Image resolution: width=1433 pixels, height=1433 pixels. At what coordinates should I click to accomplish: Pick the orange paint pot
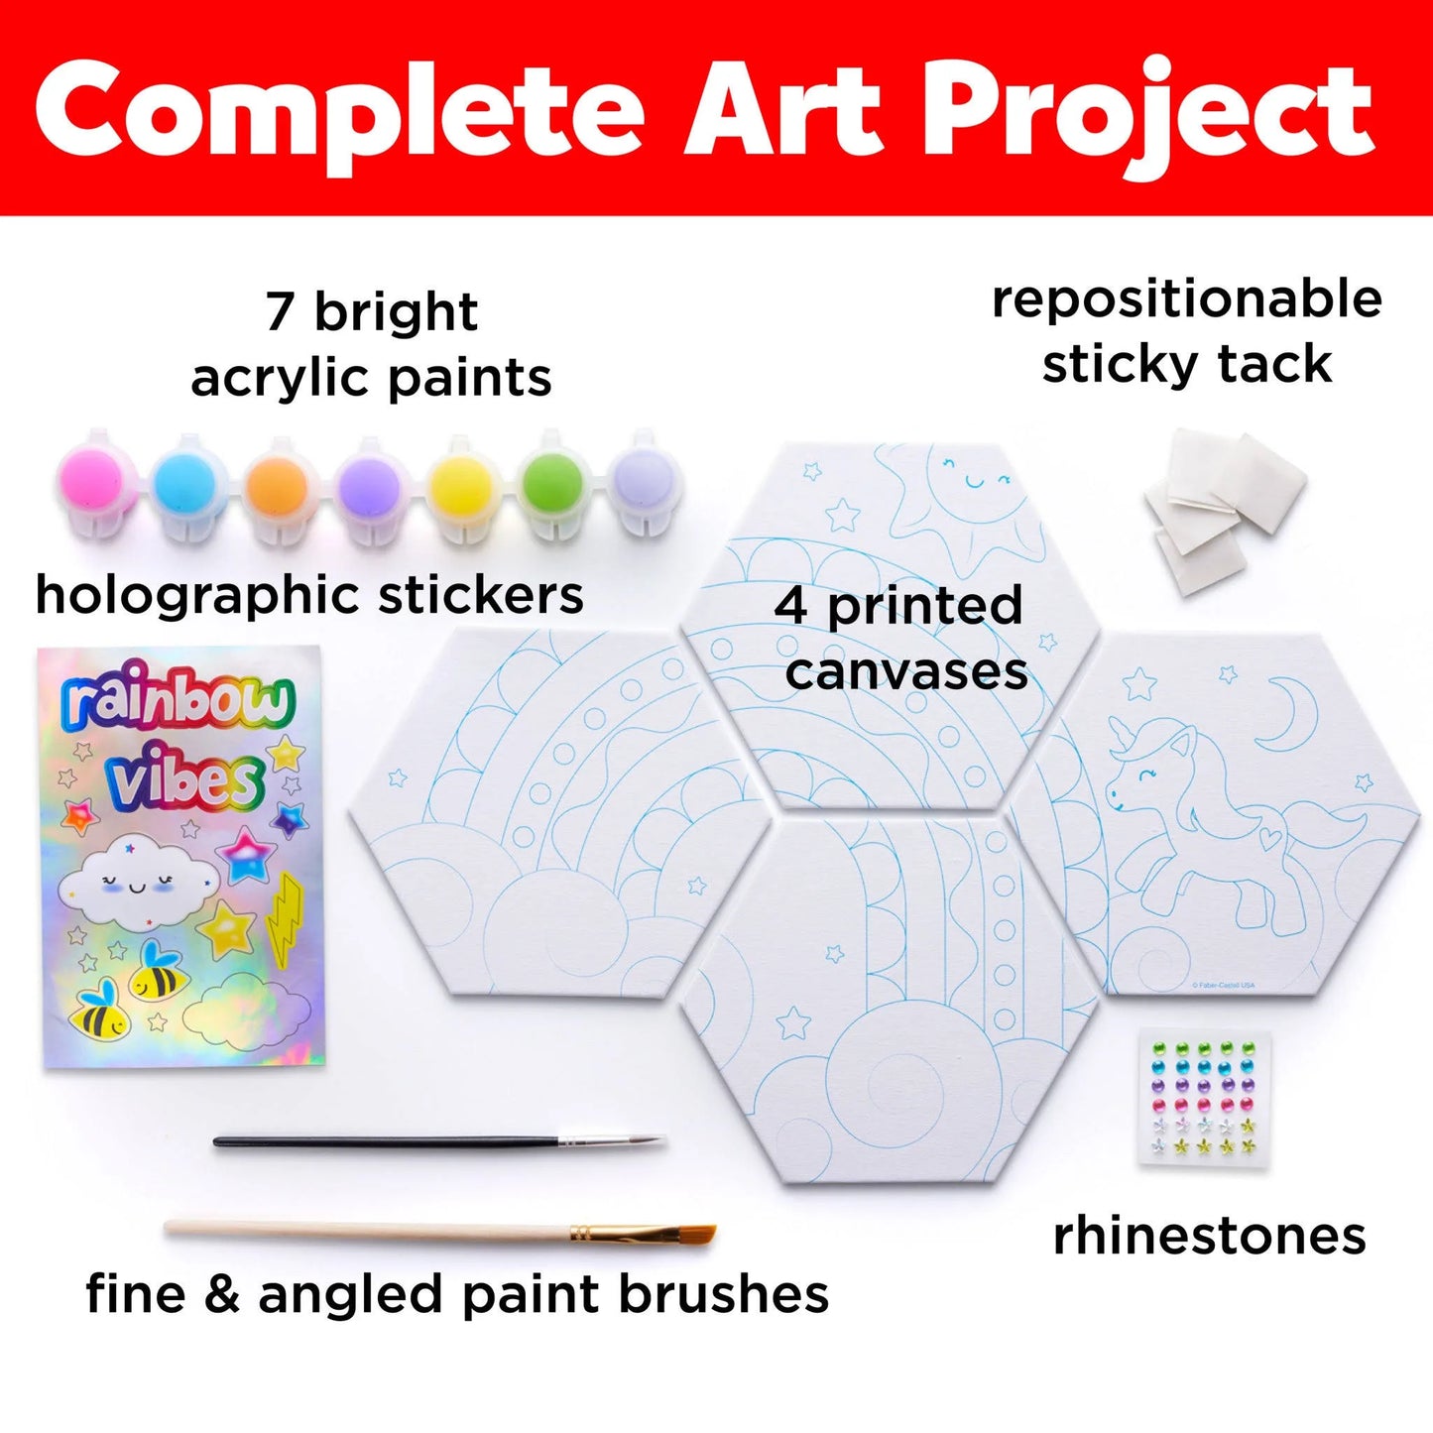coord(278,487)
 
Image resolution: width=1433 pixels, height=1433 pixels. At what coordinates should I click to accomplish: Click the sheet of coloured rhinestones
coord(1206,1099)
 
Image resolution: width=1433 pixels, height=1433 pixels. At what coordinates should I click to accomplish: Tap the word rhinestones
coord(1209,1237)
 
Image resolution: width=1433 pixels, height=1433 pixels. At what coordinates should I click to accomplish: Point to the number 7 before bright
coord(281,312)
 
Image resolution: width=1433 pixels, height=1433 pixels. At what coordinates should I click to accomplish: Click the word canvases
coord(906,673)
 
